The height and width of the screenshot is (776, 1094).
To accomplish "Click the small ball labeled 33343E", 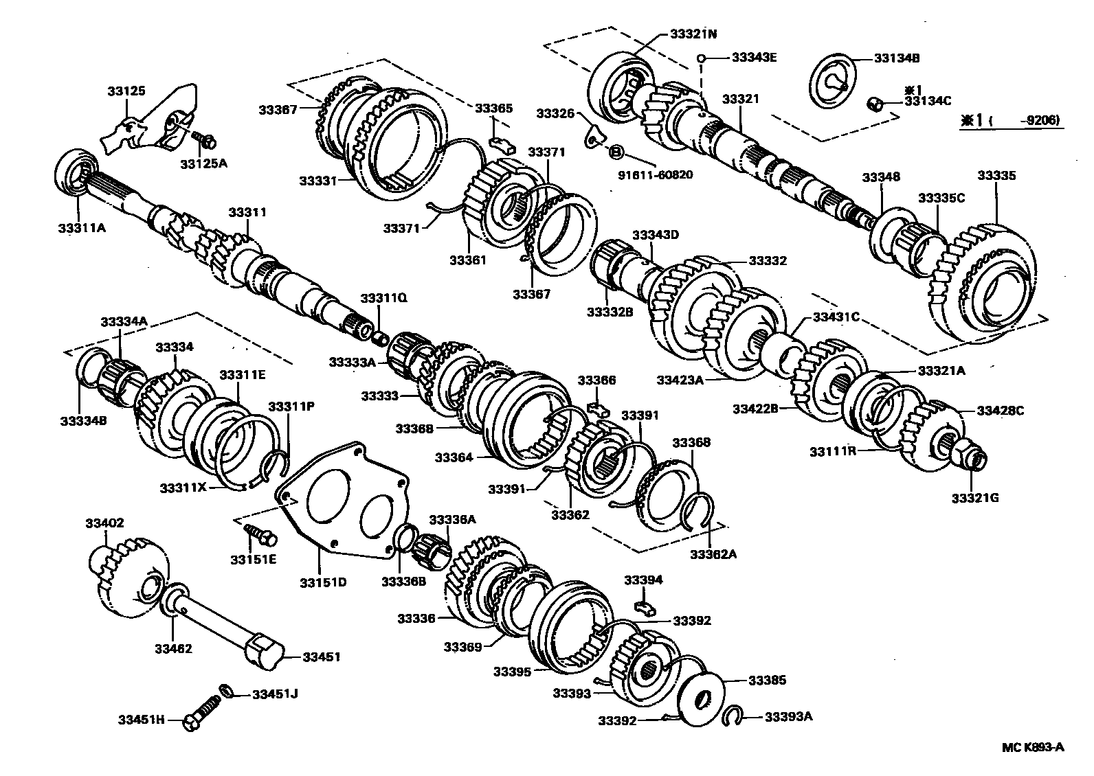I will coord(701,58).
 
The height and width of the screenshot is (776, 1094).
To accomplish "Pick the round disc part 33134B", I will coord(835,82).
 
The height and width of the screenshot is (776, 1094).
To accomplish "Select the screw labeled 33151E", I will coord(258,532).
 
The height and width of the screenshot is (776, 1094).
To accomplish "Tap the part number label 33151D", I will coord(322,582).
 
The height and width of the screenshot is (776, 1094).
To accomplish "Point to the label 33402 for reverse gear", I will coord(104,523).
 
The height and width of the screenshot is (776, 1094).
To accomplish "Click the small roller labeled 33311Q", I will coord(379,336).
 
